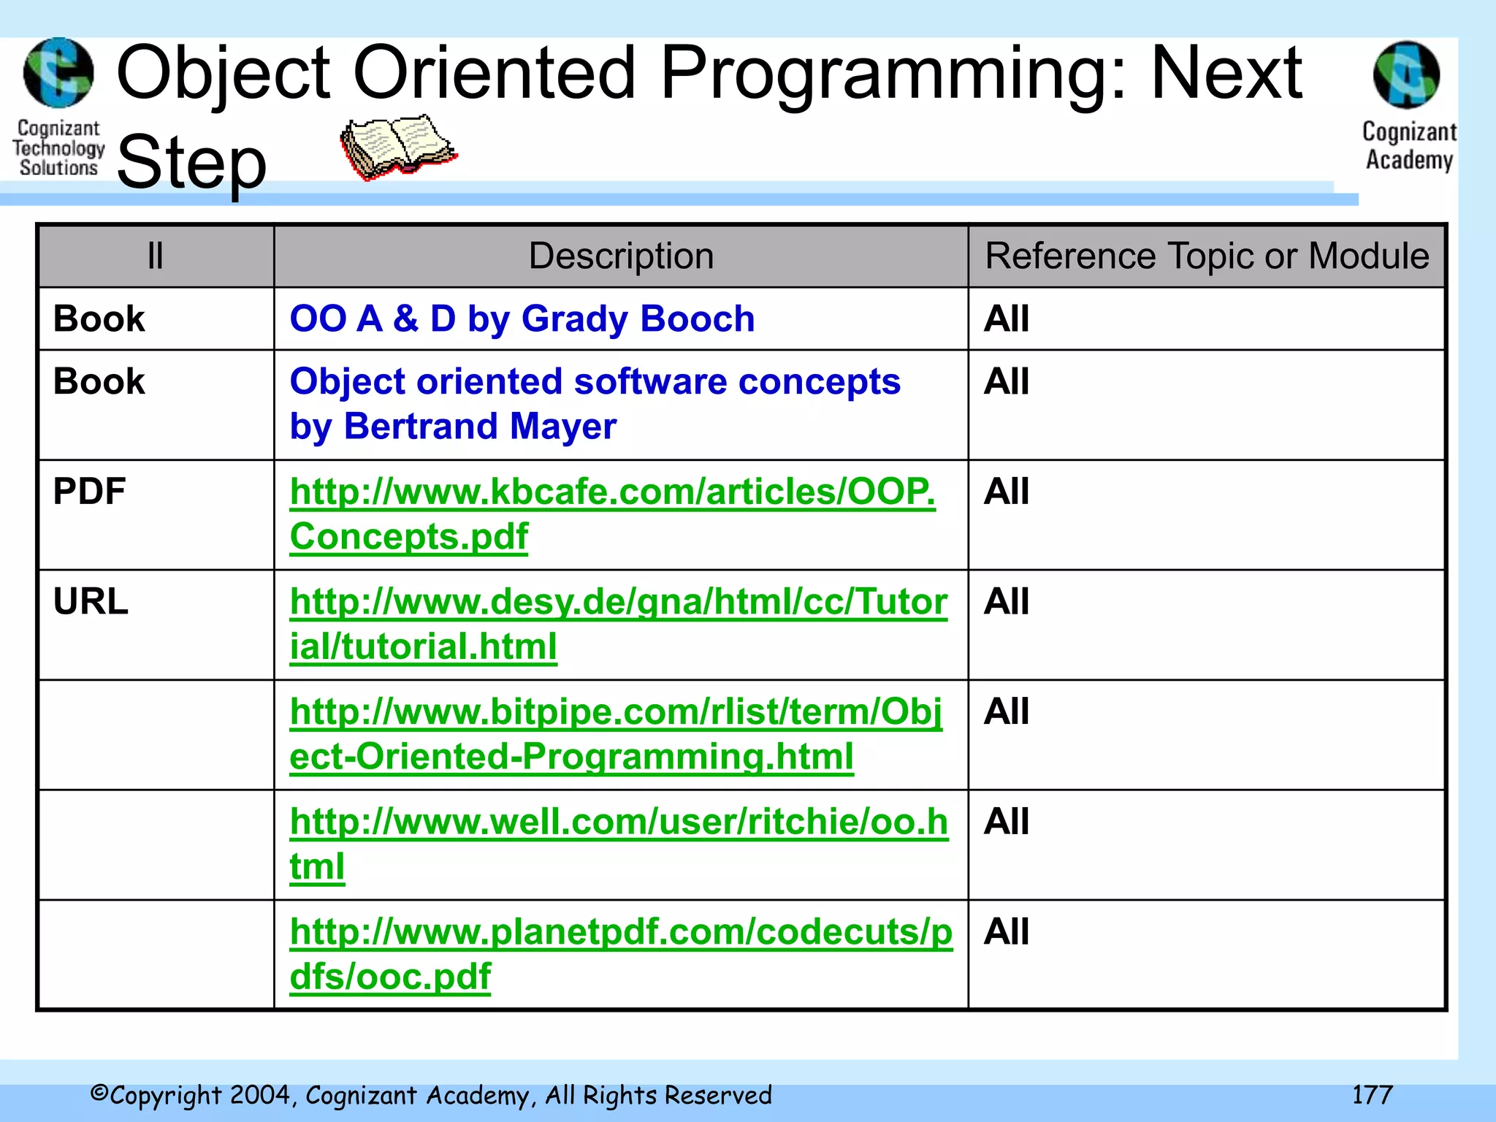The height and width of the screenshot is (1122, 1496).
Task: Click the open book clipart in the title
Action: coord(398,146)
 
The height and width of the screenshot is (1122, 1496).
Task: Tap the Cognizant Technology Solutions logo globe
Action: coord(58,73)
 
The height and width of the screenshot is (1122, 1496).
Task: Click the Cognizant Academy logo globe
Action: coord(1407,75)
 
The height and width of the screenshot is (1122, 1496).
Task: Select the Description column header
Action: coord(621,256)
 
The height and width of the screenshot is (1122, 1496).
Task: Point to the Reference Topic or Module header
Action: coord(1207,256)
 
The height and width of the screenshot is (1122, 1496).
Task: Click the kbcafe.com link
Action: coord(612,492)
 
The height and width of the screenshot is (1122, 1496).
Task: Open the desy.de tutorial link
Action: coord(618,602)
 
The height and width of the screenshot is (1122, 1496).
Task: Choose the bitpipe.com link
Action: coord(615,712)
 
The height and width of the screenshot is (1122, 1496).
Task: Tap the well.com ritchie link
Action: coord(618,823)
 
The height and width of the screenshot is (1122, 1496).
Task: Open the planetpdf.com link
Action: coord(621,933)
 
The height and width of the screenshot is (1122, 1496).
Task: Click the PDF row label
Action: coord(89,492)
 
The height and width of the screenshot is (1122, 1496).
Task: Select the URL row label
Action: coord(91,602)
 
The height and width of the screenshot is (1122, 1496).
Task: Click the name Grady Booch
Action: coord(638,319)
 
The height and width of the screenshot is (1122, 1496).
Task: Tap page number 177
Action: coord(1372,1094)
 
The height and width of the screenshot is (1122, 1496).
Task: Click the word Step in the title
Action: coord(191,162)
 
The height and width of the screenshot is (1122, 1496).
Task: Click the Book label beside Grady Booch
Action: coord(99,319)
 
